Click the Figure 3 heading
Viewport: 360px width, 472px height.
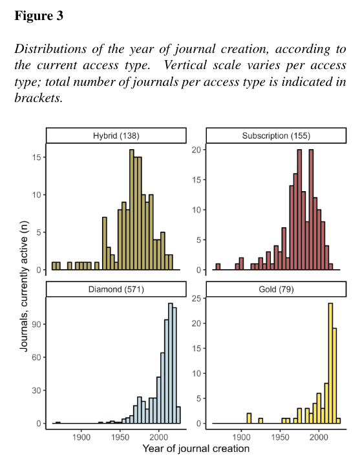(39, 15)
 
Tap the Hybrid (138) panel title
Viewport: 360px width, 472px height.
(116, 136)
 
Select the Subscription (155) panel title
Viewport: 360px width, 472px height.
(276, 136)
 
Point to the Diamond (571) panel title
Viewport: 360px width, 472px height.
(116, 289)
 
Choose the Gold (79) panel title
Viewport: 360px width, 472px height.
(276, 289)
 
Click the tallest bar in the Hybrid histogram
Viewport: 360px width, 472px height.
(132, 209)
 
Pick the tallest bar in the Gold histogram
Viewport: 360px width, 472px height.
(330, 363)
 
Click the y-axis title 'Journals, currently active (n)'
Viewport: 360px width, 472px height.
(24, 286)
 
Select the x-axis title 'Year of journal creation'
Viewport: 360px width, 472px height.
(196, 449)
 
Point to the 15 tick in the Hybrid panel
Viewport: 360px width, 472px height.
(37, 157)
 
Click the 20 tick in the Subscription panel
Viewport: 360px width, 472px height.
(197, 150)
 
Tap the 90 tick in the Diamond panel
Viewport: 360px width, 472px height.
(36, 324)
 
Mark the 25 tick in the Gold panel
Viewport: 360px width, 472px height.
(197, 298)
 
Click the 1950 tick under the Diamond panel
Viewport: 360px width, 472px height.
(120, 436)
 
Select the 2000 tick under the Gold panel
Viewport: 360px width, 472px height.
(319, 436)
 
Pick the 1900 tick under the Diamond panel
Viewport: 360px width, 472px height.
(81, 436)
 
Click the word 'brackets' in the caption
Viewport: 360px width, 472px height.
(39, 98)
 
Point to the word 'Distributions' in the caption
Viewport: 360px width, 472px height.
(50, 49)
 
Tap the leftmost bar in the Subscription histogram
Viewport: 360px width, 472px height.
(218, 267)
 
